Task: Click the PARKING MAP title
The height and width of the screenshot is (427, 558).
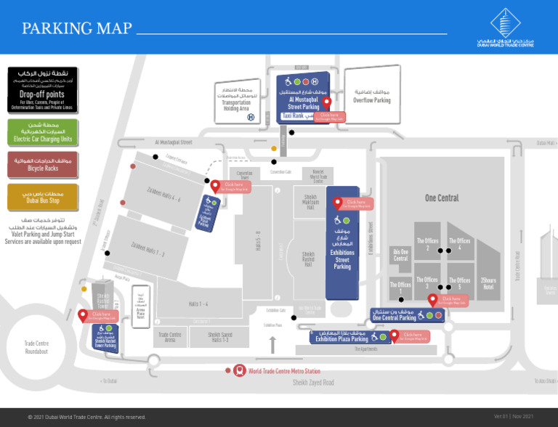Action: pos(77,28)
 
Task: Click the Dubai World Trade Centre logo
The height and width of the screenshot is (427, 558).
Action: pos(505,29)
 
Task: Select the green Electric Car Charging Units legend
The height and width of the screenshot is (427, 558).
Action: pos(42,131)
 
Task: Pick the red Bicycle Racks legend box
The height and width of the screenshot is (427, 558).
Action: pos(42,164)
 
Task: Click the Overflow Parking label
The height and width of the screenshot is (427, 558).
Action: pos(372,97)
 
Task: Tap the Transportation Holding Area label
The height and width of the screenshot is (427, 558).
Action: pos(236,101)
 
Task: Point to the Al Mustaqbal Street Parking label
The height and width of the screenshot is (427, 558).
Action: pos(303,102)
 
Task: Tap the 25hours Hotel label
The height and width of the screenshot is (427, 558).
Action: pos(488,283)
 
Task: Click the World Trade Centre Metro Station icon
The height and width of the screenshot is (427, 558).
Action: pos(239,371)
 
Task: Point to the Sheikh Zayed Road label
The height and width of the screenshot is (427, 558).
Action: pos(313,383)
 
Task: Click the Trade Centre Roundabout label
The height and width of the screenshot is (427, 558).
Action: pos(36,347)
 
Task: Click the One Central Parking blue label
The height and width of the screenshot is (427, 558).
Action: pos(395,317)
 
